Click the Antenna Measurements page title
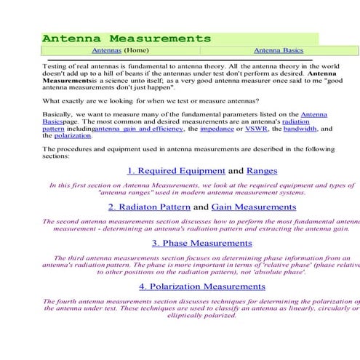tap(127, 38)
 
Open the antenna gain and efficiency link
tap(138, 129)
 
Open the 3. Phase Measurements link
tap(202, 243)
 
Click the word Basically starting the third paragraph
tap(59, 114)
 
